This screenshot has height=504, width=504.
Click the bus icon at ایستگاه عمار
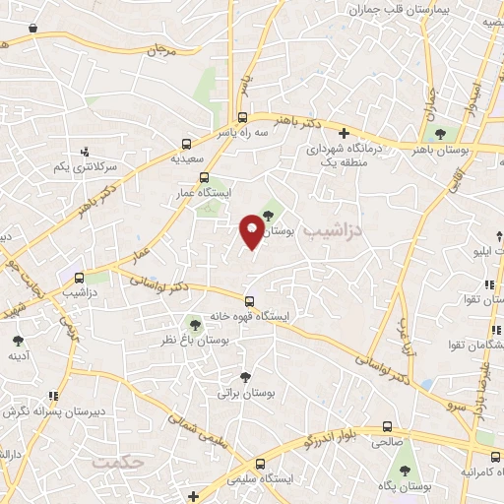pyautogui.click(x=204, y=178)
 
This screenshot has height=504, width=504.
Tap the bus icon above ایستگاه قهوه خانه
pyautogui.click(x=249, y=301)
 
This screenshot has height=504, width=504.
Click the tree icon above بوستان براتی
pyautogui.click(x=245, y=375)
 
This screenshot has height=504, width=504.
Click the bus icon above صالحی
pyautogui.click(x=387, y=427)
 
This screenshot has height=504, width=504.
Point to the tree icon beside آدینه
pyautogui.click(x=18, y=340)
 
